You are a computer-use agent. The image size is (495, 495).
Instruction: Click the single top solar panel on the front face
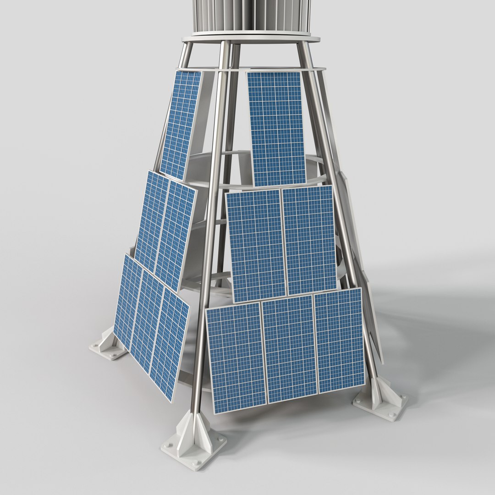pos(276,128)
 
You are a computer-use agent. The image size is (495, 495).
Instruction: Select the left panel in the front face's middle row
pos(256,246)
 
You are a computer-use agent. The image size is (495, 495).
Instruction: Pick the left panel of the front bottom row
pos(236,357)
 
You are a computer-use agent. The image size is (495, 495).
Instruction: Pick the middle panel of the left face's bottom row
pos(147,321)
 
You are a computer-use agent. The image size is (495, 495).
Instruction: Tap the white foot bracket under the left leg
pos(108,346)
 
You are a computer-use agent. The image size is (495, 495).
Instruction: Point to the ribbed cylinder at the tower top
pos(251,16)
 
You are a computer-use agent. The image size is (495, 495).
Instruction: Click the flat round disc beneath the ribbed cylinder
pos(251,38)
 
